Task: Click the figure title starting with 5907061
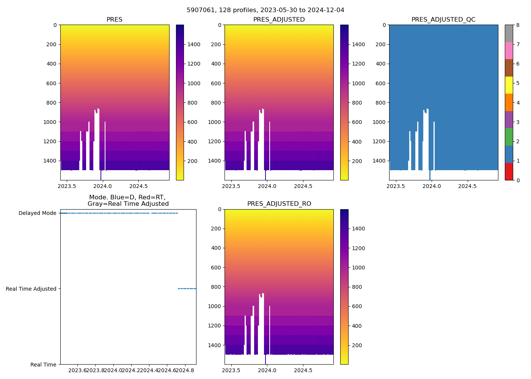pyautogui.click(x=265, y=10)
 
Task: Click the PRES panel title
pyautogui.click(x=115, y=20)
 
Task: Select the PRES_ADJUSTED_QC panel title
pyautogui.click(x=443, y=20)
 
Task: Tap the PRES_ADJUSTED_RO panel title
pyautogui.click(x=279, y=204)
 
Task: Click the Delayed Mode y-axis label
pyautogui.click(x=37, y=213)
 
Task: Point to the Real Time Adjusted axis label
pyautogui.click(x=31, y=289)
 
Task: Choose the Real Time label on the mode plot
pyautogui.click(x=43, y=365)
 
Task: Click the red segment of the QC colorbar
pyautogui.click(x=509, y=171)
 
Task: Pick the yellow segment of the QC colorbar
pyautogui.click(x=509, y=85)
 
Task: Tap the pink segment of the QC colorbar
pyautogui.click(x=509, y=50)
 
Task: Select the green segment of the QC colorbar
pyautogui.click(x=509, y=137)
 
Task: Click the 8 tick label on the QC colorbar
pyautogui.click(x=518, y=25)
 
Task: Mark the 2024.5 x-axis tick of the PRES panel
pyautogui.click(x=138, y=186)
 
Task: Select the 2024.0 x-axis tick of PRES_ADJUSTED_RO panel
pyautogui.click(x=267, y=370)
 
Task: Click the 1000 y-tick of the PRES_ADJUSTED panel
pyautogui.click(x=215, y=122)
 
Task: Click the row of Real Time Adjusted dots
pyautogui.click(x=187, y=289)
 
